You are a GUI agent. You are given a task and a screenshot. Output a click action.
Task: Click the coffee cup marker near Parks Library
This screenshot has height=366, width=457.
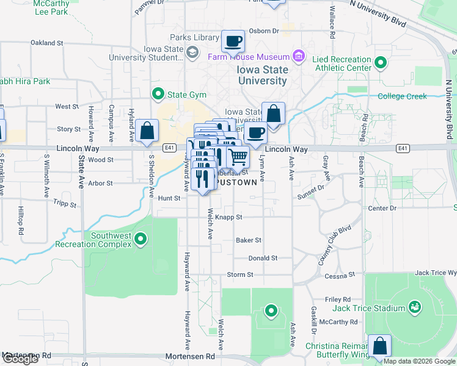click(233, 42)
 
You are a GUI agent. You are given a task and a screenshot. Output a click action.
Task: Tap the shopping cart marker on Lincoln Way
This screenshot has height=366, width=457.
click(238, 157)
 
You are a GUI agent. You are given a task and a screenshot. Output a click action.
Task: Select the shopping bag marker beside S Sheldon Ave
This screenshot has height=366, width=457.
click(147, 131)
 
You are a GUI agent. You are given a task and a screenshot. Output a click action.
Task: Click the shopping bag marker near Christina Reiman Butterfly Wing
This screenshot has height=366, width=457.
click(379, 345)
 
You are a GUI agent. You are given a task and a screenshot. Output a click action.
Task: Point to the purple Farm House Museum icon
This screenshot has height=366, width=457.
click(299, 57)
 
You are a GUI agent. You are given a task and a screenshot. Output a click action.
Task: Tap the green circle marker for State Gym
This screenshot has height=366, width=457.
click(158, 95)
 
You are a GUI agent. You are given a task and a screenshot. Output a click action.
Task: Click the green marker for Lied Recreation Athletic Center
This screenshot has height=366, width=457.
click(381, 62)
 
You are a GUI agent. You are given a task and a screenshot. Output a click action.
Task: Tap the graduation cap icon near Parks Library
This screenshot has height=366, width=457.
click(193, 52)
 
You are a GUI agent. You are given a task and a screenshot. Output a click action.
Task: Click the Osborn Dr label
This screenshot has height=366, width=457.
click(264, 31)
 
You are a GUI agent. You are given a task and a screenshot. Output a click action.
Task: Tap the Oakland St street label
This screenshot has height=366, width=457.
click(47, 43)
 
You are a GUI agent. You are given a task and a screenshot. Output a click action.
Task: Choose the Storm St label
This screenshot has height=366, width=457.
click(240, 275)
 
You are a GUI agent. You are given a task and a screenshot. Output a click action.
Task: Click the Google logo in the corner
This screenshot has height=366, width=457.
click(20, 359)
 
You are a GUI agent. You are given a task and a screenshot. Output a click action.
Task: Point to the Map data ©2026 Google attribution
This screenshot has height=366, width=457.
click(419, 361)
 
